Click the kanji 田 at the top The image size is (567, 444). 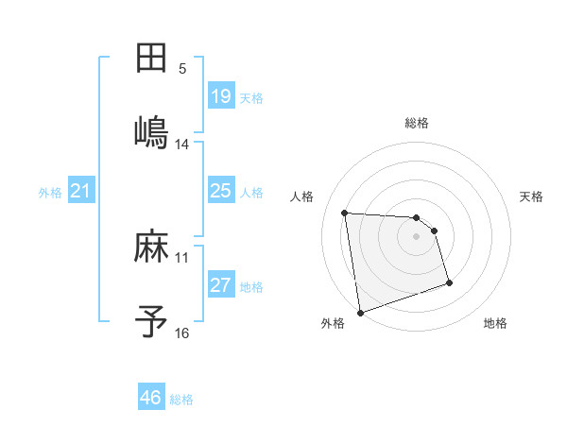pyautogui.click(x=152, y=58)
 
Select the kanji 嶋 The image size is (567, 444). pyautogui.click(x=152, y=131)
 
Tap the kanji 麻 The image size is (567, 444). pyautogui.click(x=152, y=248)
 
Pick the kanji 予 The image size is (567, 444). pyautogui.click(x=152, y=321)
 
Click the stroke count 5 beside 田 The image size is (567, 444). pyautogui.click(x=182, y=69)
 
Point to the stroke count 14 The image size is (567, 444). pyautogui.click(x=182, y=145)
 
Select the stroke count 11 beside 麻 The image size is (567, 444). pyautogui.click(x=182, y=257)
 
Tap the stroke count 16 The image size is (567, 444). pyautogui.click(x=182, y=333)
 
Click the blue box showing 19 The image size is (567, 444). pyautogui.click(x=221, y=95)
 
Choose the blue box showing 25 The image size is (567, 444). pyautogui.click(x=221, y=191)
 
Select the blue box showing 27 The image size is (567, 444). pyautogui.click(x=221, y=285)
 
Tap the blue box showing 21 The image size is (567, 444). pyautogui.click(x=81, y=191)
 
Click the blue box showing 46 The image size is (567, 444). pyautogui.click(x=151, y=398)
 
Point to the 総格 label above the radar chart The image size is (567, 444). pyautogui.click(x=417, y=123)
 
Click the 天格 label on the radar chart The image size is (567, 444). pyautogui.click(x=532, y=196)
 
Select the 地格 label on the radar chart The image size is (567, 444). pyautogui.click(x=495, y=324)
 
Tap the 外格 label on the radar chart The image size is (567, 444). pyautogui.click(x=333, y=324)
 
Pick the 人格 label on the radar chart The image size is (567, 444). pyautogui.click(x=303, y=196)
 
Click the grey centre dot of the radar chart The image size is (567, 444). pyautogui.click(x=417, y=236)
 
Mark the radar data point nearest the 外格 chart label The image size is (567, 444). pyautogui.click(x=359, y=312)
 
